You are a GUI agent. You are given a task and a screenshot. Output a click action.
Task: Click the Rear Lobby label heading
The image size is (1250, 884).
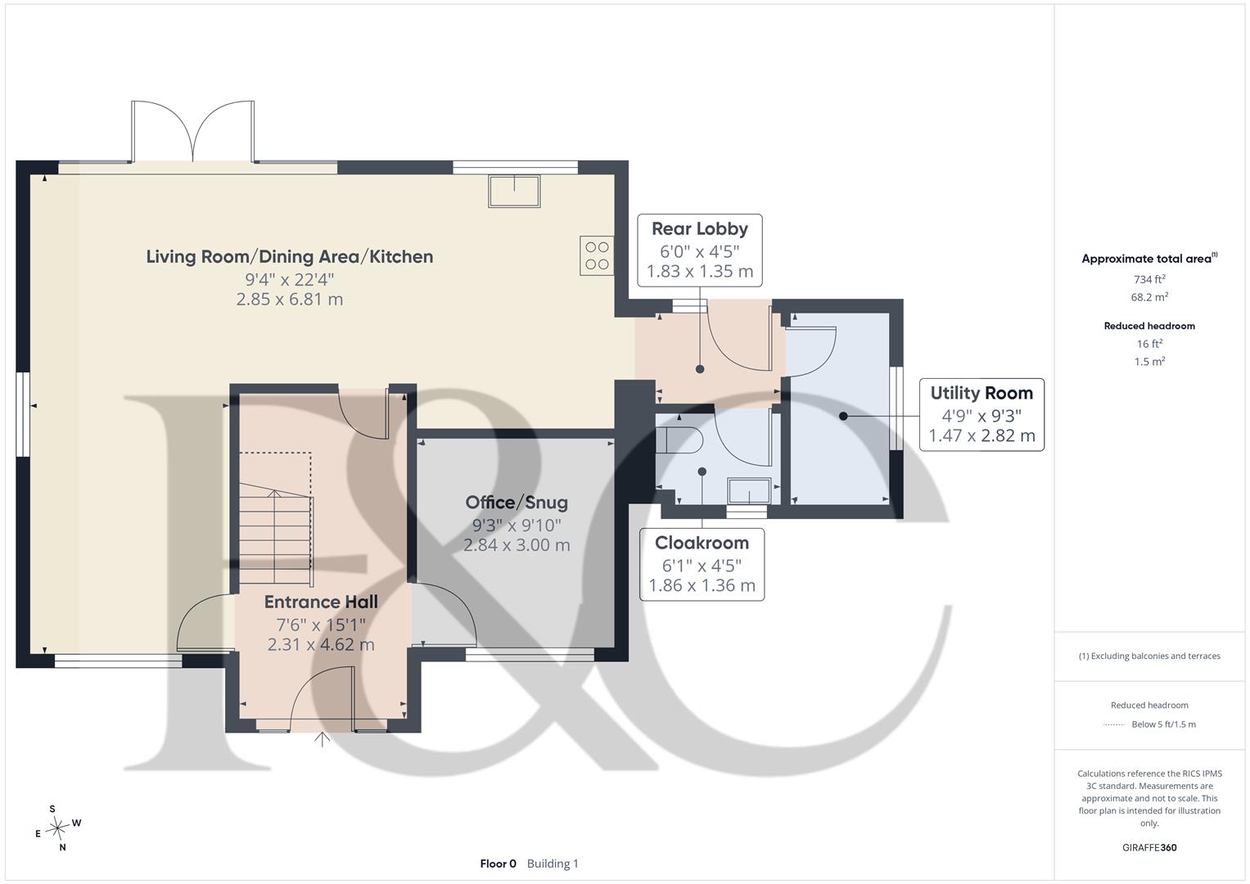point(700,229)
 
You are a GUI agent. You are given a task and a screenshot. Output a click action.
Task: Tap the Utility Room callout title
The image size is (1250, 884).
point(981,393)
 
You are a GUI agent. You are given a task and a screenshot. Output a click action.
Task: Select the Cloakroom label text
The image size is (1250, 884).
point(702,543)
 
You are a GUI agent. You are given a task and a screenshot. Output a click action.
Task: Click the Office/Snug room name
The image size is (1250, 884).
point(517,503)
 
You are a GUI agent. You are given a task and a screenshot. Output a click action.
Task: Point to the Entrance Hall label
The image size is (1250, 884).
point(321,602)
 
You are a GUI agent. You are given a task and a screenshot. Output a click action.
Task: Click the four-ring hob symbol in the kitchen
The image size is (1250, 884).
point(597,255)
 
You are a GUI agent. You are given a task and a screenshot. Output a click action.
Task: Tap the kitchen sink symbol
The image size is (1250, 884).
point(514,191)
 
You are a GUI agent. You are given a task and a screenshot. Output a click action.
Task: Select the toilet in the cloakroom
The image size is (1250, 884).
point(678,440)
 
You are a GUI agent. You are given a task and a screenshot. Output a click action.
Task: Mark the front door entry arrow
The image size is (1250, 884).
point(322,739)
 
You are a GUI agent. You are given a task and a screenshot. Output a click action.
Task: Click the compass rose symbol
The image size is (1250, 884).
point(57,828)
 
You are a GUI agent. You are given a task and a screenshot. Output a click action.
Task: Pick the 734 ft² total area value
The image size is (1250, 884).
point(1149,279)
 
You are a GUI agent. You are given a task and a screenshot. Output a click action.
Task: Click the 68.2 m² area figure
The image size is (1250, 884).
point(1149,297)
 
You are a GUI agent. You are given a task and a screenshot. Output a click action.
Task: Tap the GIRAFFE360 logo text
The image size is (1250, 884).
point(1149,847)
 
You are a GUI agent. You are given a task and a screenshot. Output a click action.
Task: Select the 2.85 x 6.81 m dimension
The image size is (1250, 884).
point(290,299)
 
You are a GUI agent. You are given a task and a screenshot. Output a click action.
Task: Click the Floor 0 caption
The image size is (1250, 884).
point(499,864)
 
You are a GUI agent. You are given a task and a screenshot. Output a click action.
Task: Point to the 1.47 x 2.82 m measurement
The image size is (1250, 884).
point(981,435)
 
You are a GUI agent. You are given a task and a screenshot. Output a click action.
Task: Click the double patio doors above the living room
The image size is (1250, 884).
point(193,133)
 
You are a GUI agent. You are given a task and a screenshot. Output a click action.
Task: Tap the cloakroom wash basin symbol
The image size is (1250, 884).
point(750,491)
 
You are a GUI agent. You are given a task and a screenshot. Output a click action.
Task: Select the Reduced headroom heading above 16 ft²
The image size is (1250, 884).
point(1149,326)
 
